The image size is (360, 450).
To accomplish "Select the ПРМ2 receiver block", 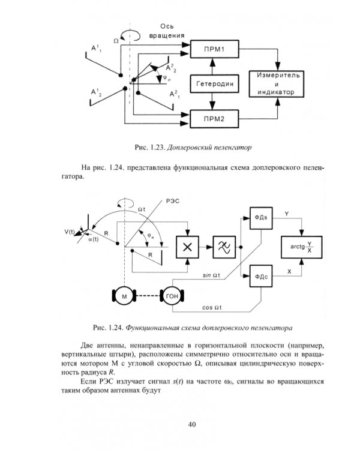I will tap(215, 118).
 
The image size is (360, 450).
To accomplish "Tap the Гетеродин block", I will tap(215, 83).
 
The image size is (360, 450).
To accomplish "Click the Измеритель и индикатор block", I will tap(275, 83).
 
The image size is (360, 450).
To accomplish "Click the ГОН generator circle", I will tap(172, 296).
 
